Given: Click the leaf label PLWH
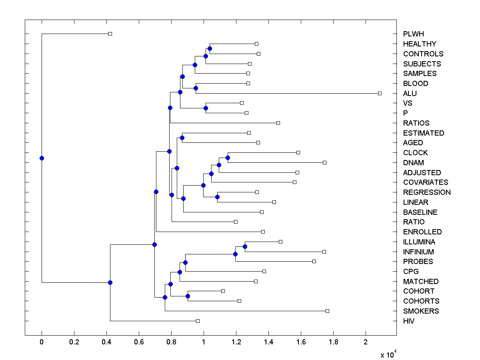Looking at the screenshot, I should (413, 34).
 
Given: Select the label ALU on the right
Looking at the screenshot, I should (410, 94).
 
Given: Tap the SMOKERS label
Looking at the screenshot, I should (421, 311).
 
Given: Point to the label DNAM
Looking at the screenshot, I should (413, 163).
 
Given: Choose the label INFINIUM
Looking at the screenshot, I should (418, 252).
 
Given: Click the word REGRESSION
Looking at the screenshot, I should (427, 192).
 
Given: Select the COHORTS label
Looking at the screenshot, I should (421, 301).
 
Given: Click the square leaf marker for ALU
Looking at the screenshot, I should (380, 93).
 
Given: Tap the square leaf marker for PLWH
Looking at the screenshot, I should (110, 34).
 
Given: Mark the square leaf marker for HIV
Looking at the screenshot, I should (198, 321).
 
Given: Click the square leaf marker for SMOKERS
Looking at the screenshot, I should (327, 311).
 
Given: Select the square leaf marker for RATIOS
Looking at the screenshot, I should (278, 123).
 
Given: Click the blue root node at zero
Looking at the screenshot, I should (42, 158).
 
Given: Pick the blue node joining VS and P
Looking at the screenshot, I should (206, 108).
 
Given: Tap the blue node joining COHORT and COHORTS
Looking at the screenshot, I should (188, 296).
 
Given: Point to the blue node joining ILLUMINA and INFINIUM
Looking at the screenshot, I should (245, 246).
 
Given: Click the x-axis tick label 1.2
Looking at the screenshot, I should (236, 342).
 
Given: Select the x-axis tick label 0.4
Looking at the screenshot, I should (106, 342).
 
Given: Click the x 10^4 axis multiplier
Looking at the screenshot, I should (387, 354).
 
